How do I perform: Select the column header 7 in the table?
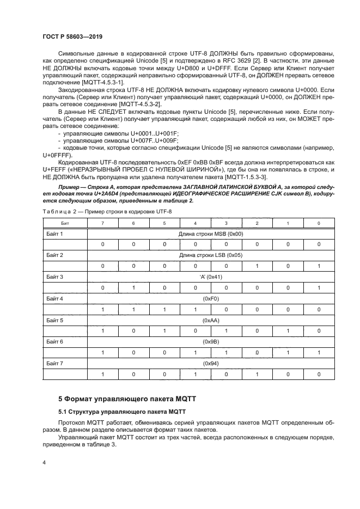point(102,223)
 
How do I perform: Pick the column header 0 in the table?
point(319,223)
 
